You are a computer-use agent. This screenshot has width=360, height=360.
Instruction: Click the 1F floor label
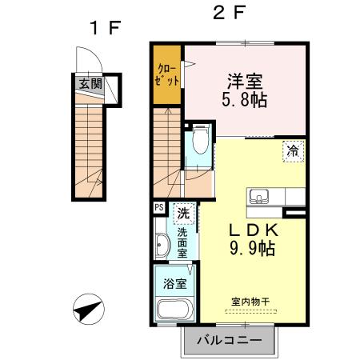pos(104,28)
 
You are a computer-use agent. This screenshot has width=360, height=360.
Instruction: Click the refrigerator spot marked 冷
pos(293,149)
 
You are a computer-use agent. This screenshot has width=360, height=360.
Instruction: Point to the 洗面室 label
pos(183,242)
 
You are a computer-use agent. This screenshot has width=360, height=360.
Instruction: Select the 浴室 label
pos(175,283)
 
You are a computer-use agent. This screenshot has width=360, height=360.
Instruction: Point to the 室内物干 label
pos(250,301)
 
